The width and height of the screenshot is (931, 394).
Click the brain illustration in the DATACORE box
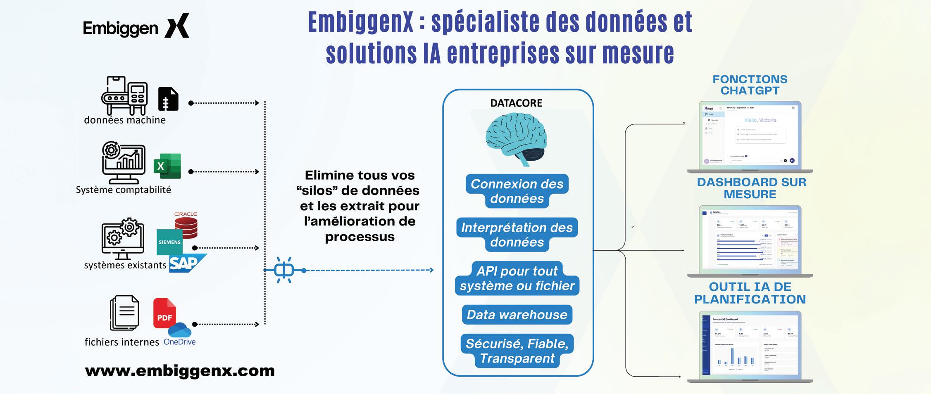516,139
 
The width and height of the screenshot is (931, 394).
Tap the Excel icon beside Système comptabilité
167,166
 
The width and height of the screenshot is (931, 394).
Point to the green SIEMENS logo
169,242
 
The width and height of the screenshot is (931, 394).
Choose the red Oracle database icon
186,226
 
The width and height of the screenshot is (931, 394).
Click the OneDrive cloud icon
180,330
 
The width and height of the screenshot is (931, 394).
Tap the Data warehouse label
517,315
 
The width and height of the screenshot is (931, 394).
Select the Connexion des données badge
517,191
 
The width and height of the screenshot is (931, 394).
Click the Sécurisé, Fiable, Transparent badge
517,351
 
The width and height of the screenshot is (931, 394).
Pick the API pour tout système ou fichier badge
517,278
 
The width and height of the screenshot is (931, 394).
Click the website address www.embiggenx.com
180,370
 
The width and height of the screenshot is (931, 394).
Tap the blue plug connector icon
284,270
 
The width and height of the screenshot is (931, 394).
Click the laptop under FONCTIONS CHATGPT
750,136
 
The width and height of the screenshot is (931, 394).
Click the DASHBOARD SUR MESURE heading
751,188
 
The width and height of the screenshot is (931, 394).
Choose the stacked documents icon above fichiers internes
124,313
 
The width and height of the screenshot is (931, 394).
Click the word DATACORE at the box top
516,103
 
